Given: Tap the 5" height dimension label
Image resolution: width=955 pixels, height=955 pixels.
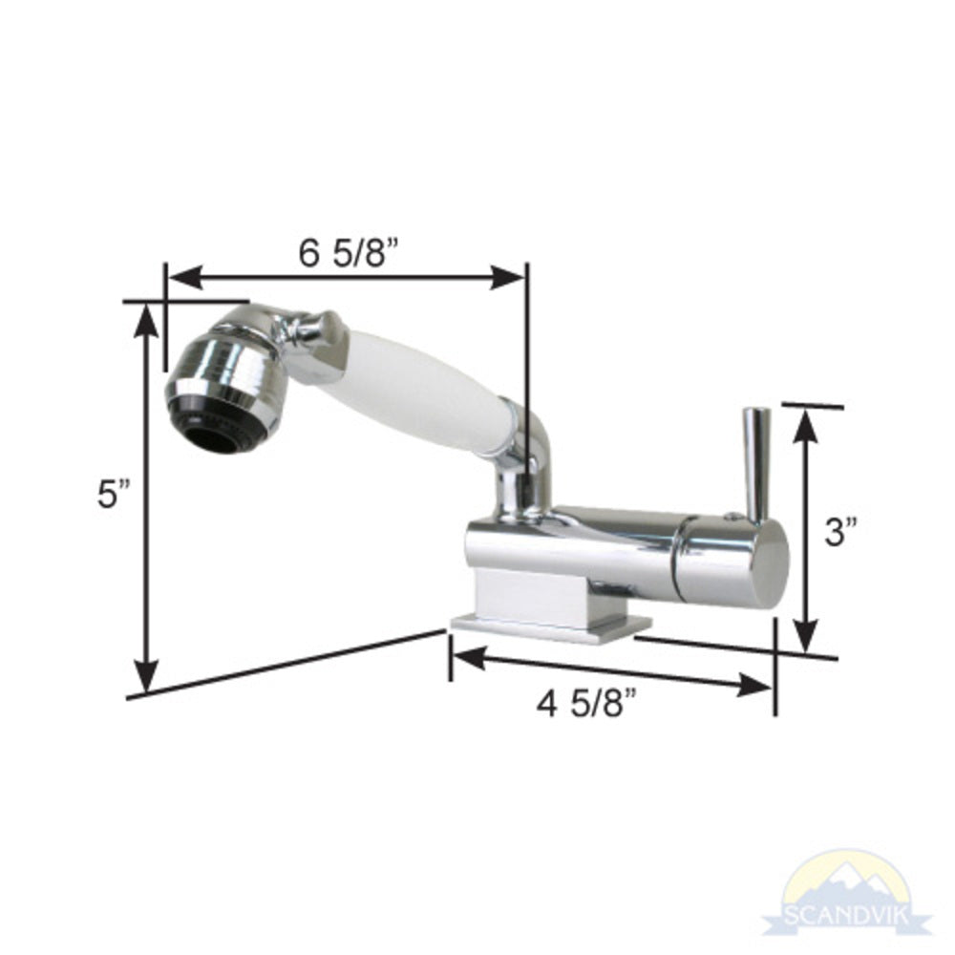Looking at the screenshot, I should point(112,494).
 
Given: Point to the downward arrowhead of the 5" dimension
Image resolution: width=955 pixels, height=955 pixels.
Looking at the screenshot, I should point(145,676).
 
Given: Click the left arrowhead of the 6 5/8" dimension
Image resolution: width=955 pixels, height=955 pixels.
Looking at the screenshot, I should point(181,277).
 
